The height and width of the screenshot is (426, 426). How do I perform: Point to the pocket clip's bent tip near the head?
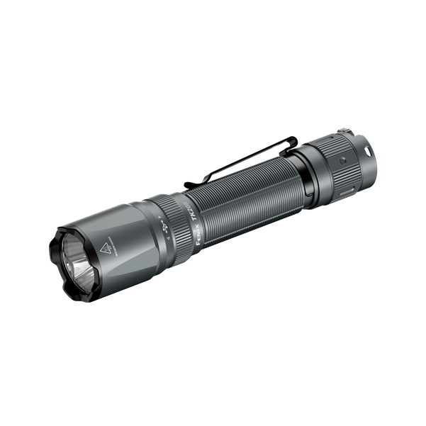pyautogui.click(x=189, y=184)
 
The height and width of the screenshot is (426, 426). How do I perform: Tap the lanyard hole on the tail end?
pyautogui.click(x=367, y=150)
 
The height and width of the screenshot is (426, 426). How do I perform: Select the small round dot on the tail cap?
pyautogui.click(x=343, y=161)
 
